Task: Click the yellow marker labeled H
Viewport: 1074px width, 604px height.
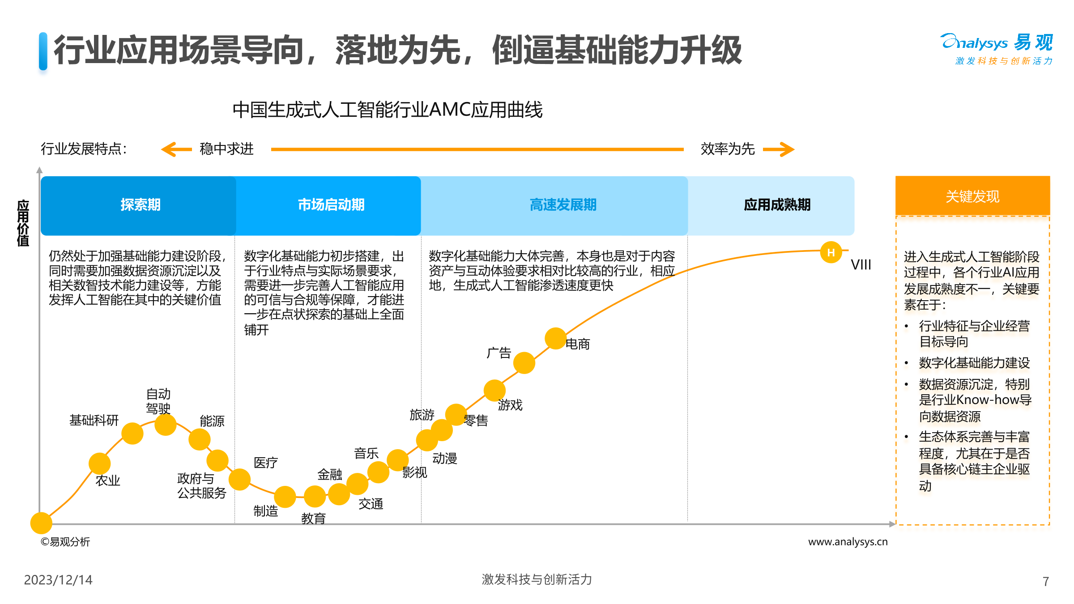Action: click(x=831, y=252)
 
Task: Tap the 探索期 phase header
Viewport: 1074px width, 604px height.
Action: click(x=140, y=205)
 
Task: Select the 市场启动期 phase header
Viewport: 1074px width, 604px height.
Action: click(x=331, y=205)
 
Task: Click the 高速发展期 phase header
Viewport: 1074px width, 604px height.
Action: click(x=563, y=205)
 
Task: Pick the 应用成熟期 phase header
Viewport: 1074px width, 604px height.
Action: click(x=777, y=205)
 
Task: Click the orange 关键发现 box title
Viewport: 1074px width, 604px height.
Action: click(x=972, y=196)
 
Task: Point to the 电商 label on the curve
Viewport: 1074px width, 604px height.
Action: click(x=578, y=344)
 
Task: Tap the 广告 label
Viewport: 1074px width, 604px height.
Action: click(x=499, y=353)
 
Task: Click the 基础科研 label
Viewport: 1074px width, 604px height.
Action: click(x=94, y=420)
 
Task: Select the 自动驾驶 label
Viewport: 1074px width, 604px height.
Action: click(x=158, y=401)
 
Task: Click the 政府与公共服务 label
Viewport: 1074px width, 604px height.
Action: click(x=201, y=485)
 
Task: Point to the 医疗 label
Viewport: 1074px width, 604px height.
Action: click(x=266, y=463)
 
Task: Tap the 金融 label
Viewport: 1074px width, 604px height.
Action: click(x=330, y=474)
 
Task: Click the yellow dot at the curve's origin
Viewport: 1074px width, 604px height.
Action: click(x=41, y=523)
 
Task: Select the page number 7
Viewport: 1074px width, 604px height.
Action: click(x=1046, y=581)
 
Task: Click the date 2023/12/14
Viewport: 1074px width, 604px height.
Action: click(x=58, y=580)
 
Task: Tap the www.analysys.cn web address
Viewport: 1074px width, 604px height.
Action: click(x=848, y=542)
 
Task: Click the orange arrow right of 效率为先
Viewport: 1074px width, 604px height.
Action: click(x=779, y=149)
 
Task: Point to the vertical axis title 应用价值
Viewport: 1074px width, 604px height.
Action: click(x=23, y=223)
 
